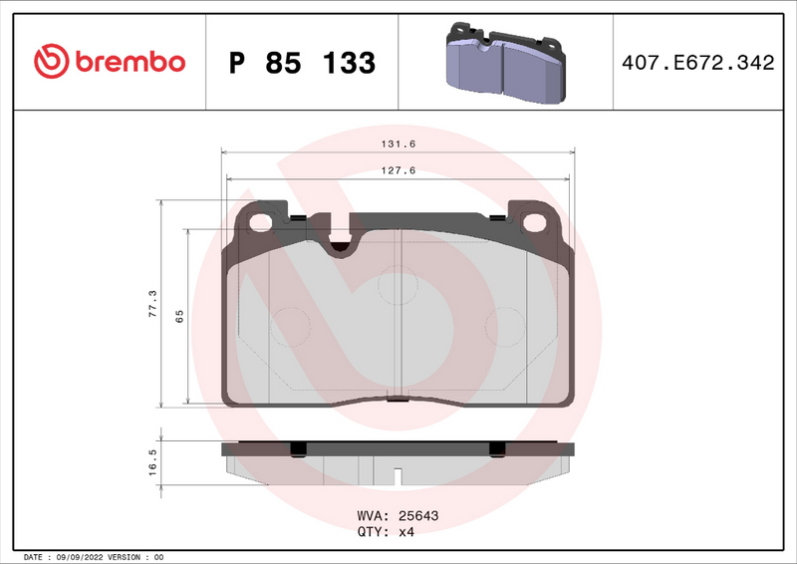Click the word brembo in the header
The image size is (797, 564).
[126, 62]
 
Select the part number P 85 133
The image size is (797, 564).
[302, 63]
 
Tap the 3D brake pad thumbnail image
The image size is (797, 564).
[503, 62]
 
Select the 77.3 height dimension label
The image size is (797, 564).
[152, 302]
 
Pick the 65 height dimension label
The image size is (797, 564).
[179, 316]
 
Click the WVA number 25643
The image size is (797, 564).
[418, 516]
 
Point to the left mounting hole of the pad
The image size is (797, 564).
[262, 222]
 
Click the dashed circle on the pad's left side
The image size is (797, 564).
[291, 325]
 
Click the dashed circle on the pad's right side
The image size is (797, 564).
[504, 325]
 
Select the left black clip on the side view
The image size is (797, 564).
[296, 449]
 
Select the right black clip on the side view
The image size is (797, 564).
[494, 449]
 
